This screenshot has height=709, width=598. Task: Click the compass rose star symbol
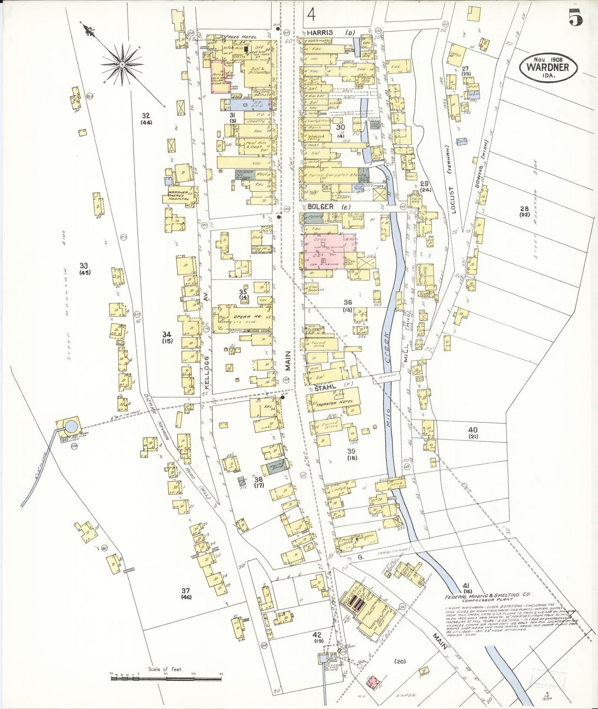[x=122, y=65]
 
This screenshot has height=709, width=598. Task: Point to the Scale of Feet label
[x=165, y=669]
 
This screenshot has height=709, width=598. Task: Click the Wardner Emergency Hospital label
[x=178, y=195]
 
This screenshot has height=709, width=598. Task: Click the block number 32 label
[x=146, y=116]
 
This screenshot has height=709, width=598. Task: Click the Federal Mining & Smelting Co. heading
[x=479, y=597]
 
